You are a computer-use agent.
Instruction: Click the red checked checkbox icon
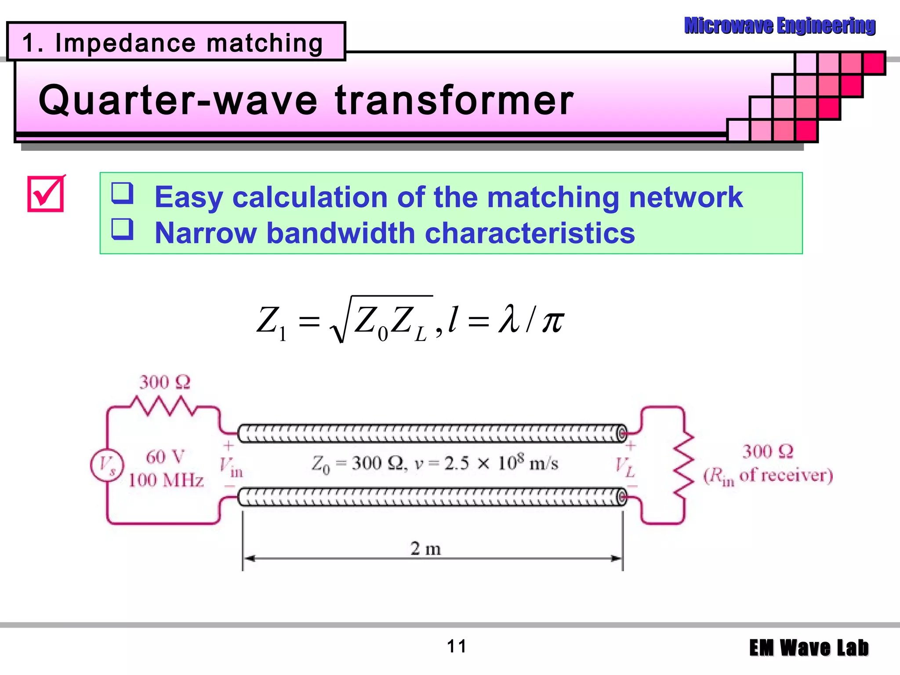point(46,194)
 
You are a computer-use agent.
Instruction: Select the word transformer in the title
point(454,100)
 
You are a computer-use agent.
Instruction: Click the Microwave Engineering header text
point(780,25)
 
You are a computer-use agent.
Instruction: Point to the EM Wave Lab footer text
point(809,648)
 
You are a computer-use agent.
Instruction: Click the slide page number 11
point(457,646)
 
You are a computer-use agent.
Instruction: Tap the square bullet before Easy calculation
point(122,193)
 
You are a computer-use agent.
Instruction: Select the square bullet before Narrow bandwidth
point(122,229)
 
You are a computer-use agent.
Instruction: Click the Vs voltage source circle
point(107,465)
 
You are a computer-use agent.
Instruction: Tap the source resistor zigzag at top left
point(163,405)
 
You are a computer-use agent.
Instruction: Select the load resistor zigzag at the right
point(684,465)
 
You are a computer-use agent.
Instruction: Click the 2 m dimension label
point(425,548)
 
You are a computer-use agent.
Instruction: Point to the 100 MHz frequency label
point(166,480)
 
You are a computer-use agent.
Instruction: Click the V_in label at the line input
point(230,467)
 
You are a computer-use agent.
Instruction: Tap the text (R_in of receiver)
point(768,476)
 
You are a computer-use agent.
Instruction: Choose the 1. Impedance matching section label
point(172,43)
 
